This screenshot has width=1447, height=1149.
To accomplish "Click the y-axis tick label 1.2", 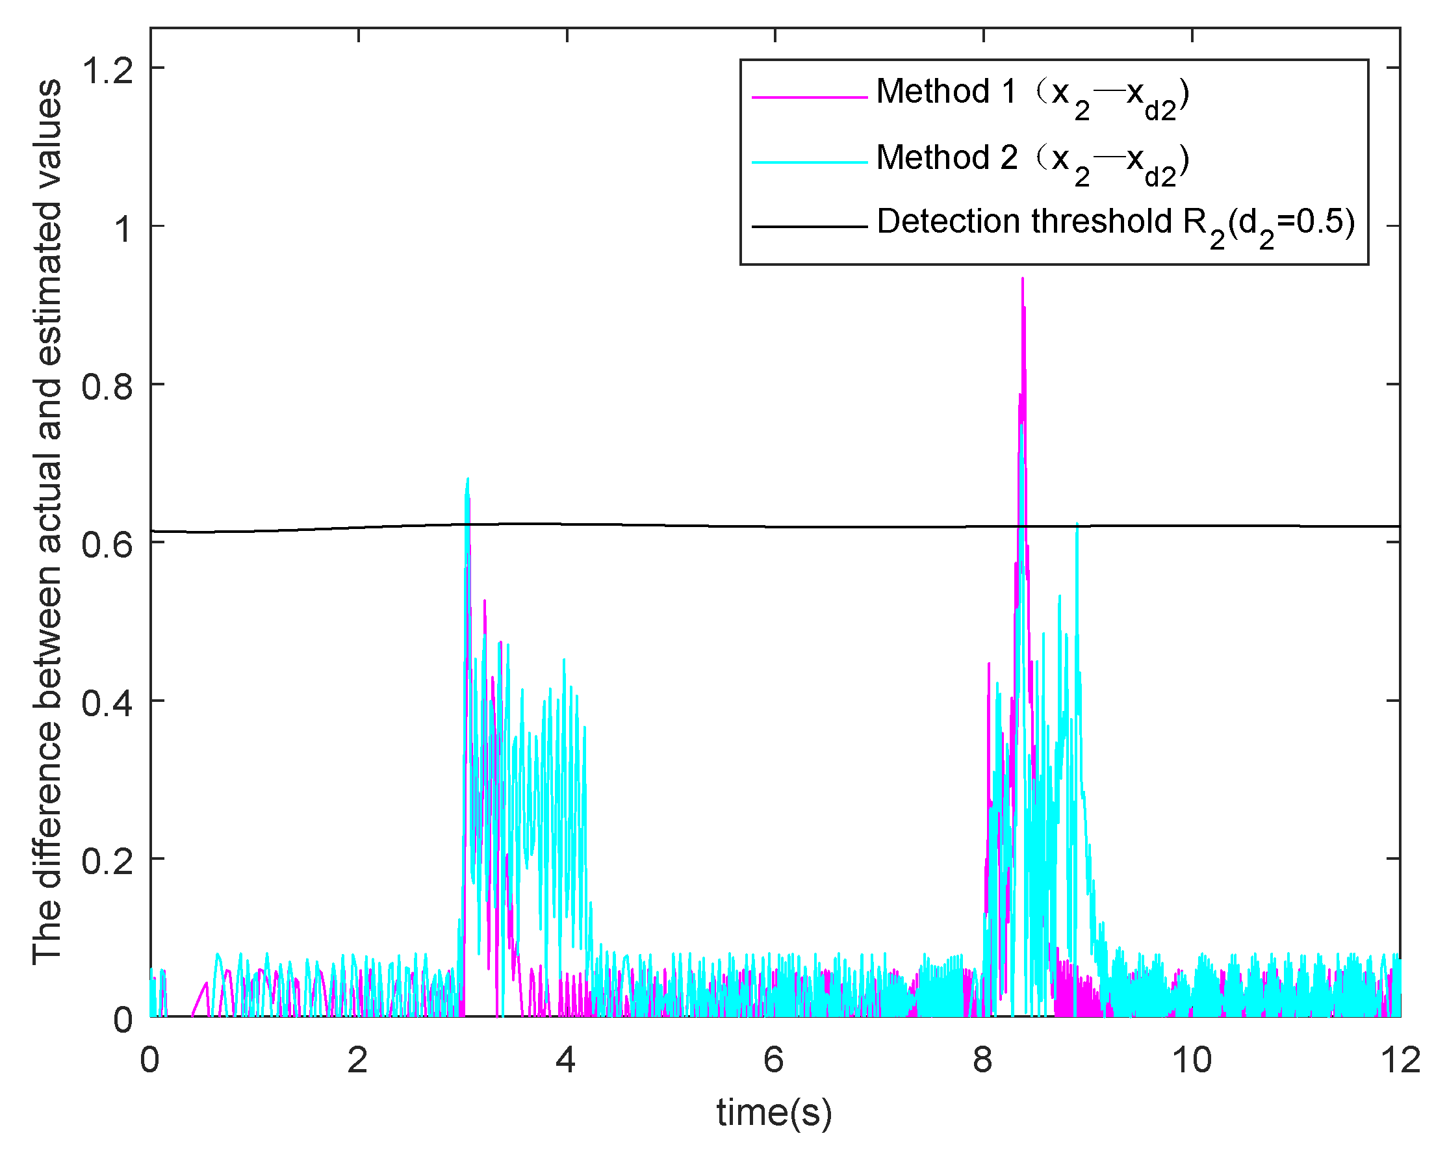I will pyautogui.click(x=107, y=70).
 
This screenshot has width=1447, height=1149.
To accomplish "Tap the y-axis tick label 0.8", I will pyautogui.click(x=107, y=386).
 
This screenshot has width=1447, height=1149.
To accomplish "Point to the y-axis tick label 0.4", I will pyautogui.click(x=107, y=703).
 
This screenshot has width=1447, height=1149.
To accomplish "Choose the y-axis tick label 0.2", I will pyautogui.click(x=107, y=860).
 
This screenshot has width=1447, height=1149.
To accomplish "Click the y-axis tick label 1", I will pyautogui.click(x=122, y=228).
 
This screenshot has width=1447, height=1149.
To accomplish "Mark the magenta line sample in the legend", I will pyautogui.click(x=810, y=97).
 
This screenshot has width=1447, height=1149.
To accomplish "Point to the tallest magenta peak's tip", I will pyautogui.click(x=1022, y=278).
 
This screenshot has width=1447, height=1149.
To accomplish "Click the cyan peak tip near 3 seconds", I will pyautogui.click(x=468, y=478).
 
